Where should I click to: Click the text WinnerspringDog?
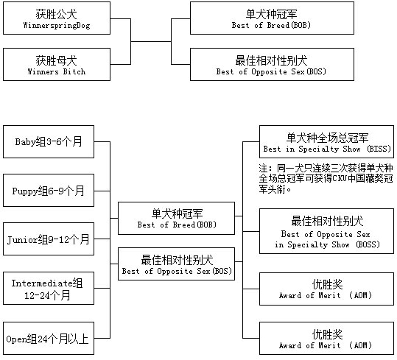tap(57, 26)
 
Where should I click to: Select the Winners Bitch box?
tap(57, 65)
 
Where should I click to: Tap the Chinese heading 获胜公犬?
tap(56, 14)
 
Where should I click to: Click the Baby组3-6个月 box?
tap(49, 141)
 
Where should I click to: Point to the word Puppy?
tap(25, 191)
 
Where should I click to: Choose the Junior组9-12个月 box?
tap(49, 239)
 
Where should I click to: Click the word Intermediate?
tap(42, 283)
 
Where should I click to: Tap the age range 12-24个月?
tap(47, 295)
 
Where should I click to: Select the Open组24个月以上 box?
tap(49, 338)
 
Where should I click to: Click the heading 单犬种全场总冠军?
tap(327, 138)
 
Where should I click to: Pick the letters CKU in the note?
tap(340, 179)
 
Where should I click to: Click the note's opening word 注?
tap(263, 169)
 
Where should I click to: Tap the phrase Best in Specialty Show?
tap(312, 149)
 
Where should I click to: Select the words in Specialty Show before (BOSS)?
tap(312, 244)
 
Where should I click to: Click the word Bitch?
tap(74, 71)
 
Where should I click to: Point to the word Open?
tap(16, 339)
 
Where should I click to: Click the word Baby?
tap(25, 142)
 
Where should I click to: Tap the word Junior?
tap(22, 240)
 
